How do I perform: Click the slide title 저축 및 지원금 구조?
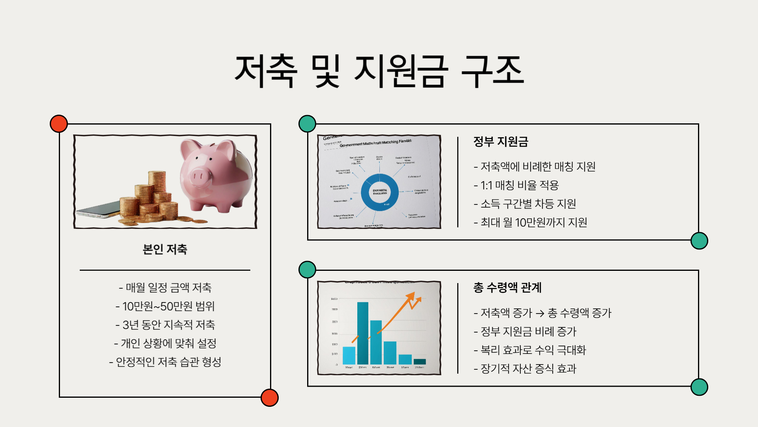[x=379, y=71]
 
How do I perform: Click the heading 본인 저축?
[x=165, y=249]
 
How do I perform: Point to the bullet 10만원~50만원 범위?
[x=165, y=306]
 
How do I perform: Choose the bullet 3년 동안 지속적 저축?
[x=165, y=325]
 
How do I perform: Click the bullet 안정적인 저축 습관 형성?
[x=165, y=362]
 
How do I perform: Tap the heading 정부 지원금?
[x=501, y=142]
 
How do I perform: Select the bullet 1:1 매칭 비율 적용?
[x=516, y=185]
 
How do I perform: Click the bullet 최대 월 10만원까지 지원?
[x=530, y=222]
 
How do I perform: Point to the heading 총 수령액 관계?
[x=507, y=287]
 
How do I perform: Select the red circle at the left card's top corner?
[x=59, y=124]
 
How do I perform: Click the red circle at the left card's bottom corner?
[x=270, y=397]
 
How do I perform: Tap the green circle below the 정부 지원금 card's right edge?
[x=699, y=241]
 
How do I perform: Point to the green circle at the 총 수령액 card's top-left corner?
[x=307, y=270]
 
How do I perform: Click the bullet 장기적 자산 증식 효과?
[x=525, y=368]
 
